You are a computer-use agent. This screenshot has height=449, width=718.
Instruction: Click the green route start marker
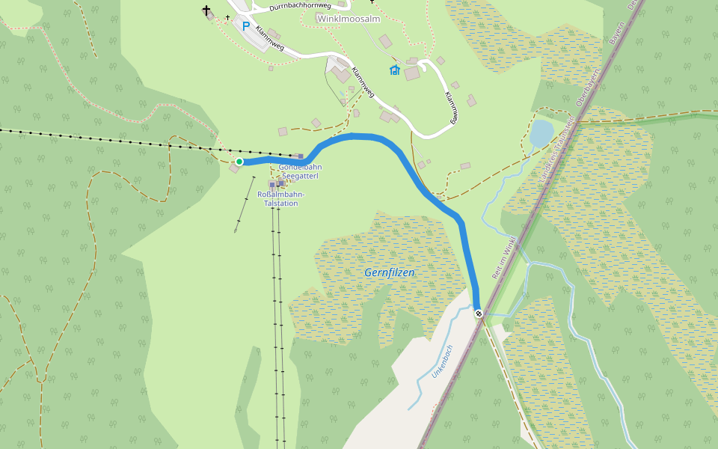(x=239, y=162)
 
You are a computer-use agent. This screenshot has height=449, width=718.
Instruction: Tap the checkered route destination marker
(x=479, y=314)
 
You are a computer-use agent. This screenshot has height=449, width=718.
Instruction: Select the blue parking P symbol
(x=245, y=25)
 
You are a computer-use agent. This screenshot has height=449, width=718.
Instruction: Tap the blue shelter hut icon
(x=394, y=70)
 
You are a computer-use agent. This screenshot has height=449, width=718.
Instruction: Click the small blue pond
(x=541, y=134)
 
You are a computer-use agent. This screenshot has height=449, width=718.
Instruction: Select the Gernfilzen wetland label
(x=389, y=272)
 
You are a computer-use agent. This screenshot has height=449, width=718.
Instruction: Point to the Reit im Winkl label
(x=505, y=258)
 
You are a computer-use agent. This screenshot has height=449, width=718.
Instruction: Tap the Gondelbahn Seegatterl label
(x=300, y=171)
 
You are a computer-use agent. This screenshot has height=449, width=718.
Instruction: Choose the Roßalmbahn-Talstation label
(x=280, y=198)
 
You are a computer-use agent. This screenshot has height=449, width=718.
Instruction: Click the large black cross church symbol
(x=206, y=10)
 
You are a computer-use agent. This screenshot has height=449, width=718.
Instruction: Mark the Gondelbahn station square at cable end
(x=301, y=156)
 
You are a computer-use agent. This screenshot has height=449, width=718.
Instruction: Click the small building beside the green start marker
(x=234, y=169)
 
